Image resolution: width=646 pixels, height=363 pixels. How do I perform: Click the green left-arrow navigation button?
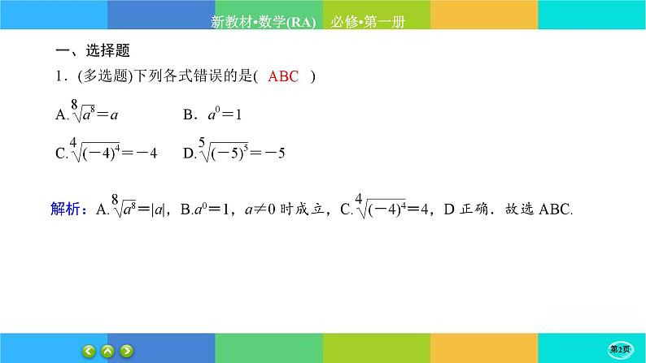pyautogui.click(x=89, y=351)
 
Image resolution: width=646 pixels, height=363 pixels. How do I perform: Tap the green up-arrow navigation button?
pyautogui.click(x=108, y=351)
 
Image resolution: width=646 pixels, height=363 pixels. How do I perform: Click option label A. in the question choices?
pyautogui.click(x=61, y=115)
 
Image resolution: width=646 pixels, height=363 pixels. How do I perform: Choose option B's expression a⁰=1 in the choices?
pyautogui.click(x=225, y=115)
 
